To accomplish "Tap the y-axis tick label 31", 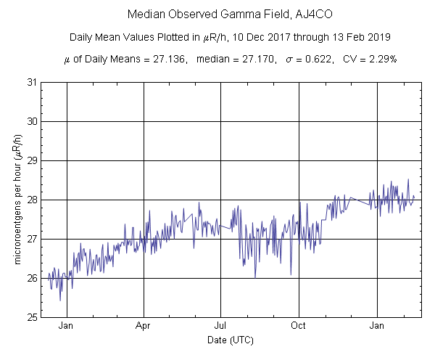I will pos(32,82).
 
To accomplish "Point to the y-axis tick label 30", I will pos(32,121).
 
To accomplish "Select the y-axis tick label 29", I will pos(32,160).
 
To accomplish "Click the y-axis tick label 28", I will pos(32,200).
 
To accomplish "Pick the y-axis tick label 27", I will pos(32,239).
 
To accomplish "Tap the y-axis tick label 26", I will pos(32,278).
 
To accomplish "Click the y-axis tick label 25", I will pos(32,317).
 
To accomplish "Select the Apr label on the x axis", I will pos(144,327).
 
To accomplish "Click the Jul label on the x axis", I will pos(221,327).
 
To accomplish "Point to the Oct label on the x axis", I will pos(299,327).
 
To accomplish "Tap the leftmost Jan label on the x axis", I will pos(67,327).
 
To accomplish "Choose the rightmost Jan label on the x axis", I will pos(377,327).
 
